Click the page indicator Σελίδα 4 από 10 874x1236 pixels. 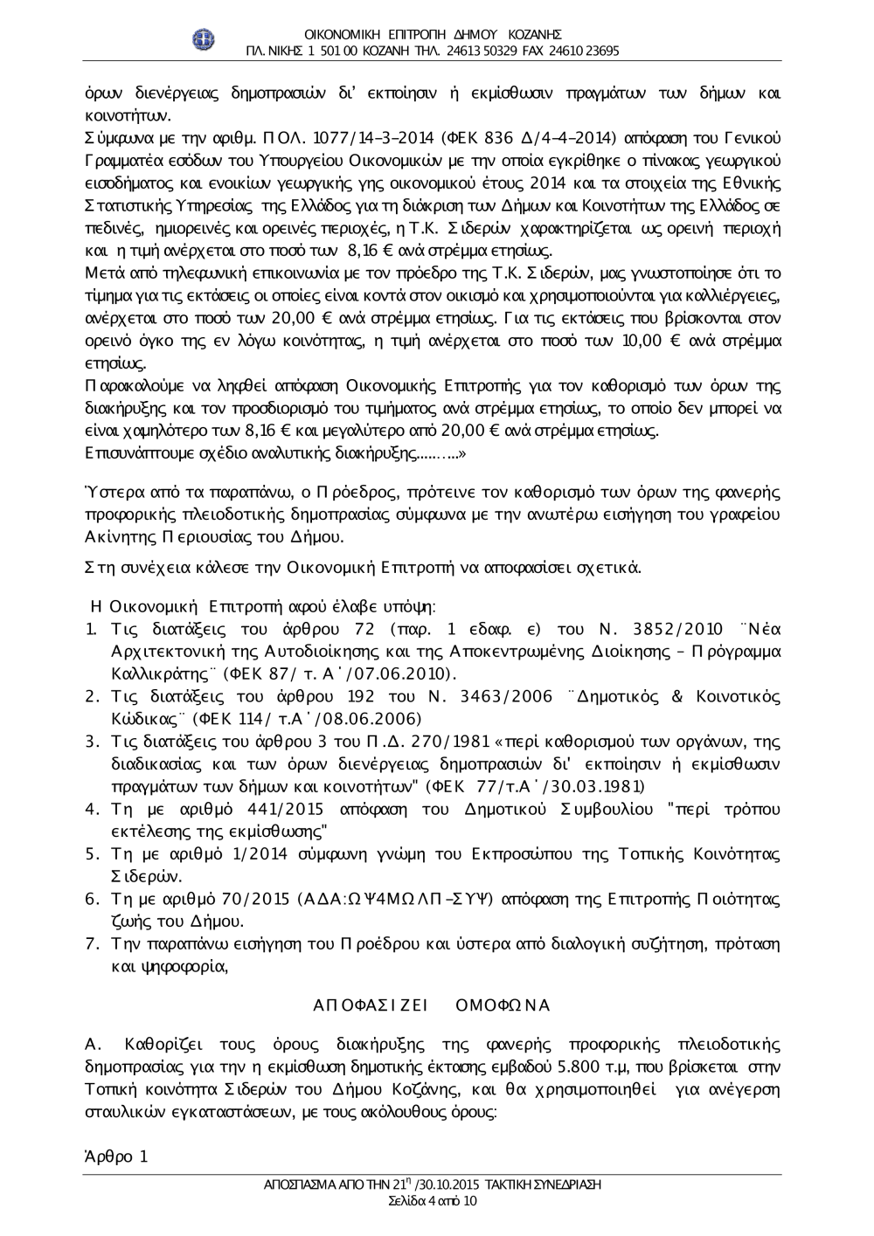click(433, 1201)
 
